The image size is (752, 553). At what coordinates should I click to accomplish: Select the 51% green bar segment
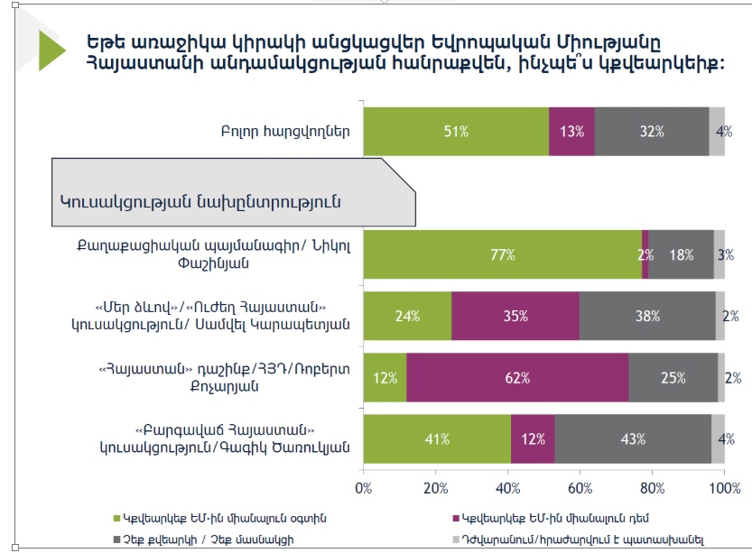456,131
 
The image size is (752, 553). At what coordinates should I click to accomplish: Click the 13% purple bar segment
571,131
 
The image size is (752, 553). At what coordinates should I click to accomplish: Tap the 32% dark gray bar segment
651,131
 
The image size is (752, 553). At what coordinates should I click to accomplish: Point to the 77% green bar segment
502,254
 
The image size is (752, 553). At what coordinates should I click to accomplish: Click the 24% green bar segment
407,316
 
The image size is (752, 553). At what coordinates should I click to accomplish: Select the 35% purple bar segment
515,316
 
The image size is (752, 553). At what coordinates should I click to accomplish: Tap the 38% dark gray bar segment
646,316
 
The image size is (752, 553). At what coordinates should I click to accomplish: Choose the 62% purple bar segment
517,377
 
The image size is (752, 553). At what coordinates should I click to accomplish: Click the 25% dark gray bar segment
673,377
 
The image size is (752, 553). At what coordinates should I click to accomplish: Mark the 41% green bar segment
437,439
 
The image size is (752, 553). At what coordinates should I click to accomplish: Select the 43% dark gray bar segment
633,439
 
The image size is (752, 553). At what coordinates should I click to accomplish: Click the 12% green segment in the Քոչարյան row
385,377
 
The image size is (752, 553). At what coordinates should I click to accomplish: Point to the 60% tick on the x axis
580,488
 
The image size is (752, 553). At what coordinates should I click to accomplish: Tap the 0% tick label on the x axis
364,488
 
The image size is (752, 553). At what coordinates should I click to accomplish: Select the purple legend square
452,518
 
